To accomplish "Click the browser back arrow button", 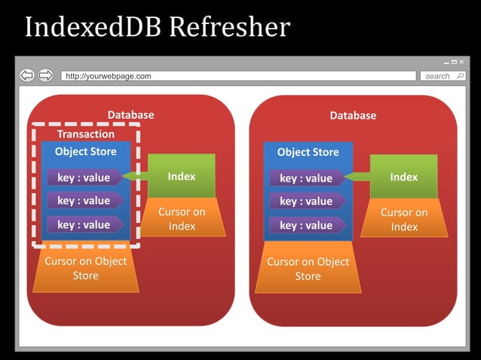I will [x=27, y=75].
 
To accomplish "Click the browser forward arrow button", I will [x=45, y=75].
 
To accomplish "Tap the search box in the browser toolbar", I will [x=442, y=76].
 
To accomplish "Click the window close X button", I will [x=461, y=62].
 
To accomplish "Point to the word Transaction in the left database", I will [x=86, y=134].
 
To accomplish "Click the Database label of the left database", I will [x=130, y=115].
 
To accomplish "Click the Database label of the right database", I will [x=353, y=115].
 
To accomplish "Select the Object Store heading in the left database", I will [x=86, y=151].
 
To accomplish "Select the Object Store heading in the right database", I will [x=308, y=152].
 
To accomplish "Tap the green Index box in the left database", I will [x=182, y=176].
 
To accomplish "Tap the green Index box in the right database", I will [x=403, y=177].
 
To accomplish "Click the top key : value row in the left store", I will [x=84, y=178].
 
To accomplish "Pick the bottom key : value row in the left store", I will [x=84, y=224].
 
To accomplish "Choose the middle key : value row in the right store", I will [x=306, y=201].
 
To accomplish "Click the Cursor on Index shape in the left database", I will [x=182, y=219].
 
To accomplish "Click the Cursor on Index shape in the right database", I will [x=404, y=219].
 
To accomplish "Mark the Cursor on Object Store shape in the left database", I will [x=85, y=268].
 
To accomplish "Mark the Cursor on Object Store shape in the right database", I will [x=308, y=269].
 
